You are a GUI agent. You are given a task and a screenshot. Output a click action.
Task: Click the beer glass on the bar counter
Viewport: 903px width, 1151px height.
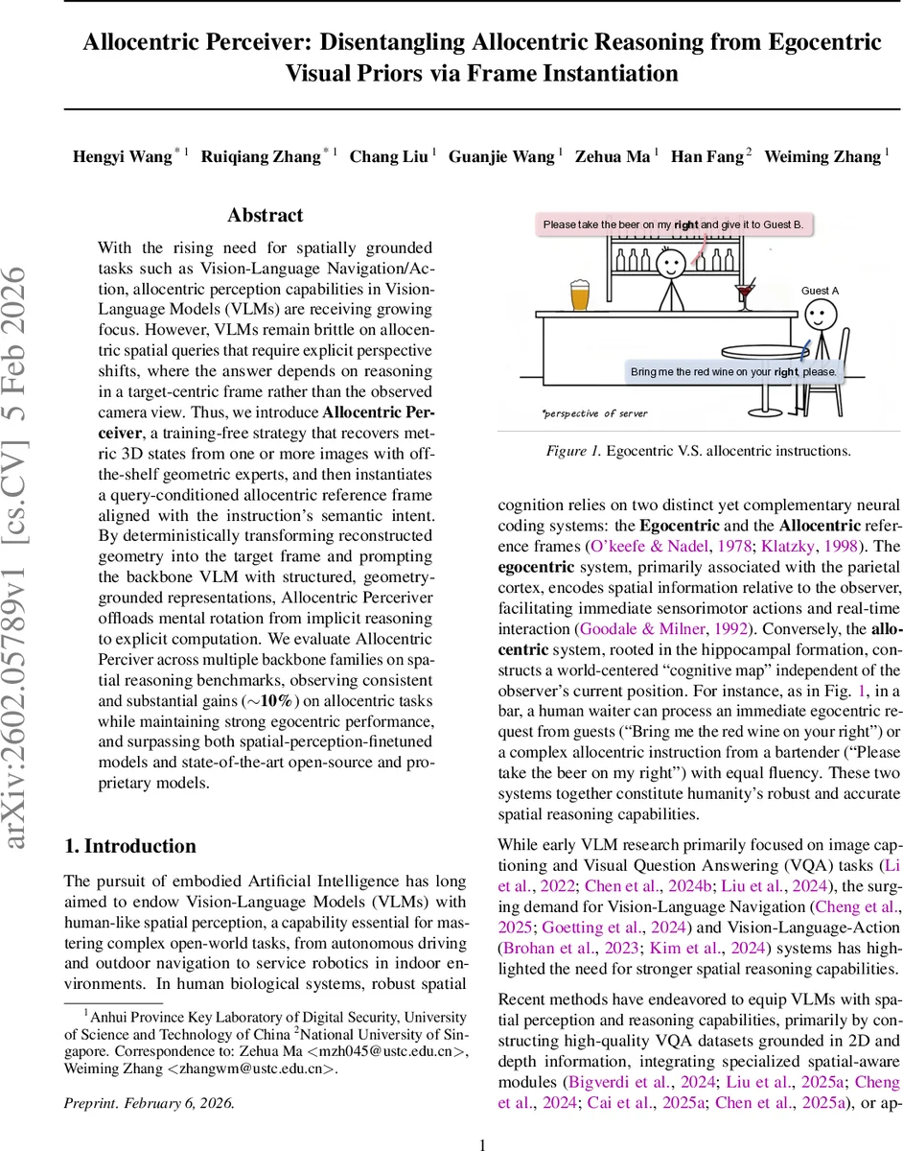point(580,294)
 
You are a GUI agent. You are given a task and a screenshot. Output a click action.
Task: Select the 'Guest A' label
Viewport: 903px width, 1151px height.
point(820,291)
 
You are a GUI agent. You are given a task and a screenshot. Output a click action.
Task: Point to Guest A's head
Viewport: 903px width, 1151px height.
point(818,314)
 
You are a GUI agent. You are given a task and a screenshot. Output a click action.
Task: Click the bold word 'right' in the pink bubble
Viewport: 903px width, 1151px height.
point(686,224)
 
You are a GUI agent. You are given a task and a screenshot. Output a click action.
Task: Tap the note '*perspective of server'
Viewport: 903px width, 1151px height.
point(594,413)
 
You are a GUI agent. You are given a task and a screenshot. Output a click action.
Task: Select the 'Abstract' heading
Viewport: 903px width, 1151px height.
point(265,215)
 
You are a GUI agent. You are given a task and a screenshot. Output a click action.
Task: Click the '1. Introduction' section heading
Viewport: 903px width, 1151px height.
point(129,845)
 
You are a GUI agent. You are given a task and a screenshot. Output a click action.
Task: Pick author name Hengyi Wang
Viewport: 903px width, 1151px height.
point(122,156)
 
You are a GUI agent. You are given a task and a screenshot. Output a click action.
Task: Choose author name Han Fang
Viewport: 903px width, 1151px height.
point(706,156)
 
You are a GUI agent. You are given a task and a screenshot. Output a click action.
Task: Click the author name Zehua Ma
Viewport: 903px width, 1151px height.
point(612,156)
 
